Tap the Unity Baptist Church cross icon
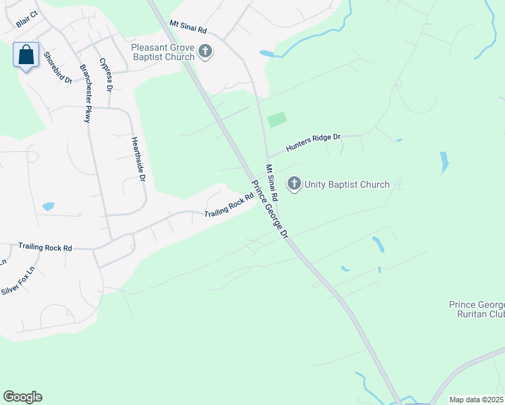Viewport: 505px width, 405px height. [x=294, y=184]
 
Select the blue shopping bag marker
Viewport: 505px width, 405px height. [x=26, y=55]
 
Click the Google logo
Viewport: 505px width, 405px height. [x=22, y=397]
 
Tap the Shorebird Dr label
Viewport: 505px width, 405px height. [x=57, y=67]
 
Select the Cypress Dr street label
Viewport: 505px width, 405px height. [x=106, y=74]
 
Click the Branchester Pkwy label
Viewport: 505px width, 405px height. [x=87, y=93]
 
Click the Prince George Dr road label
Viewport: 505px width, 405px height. [x=270, y=210]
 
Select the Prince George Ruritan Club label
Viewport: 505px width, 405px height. [x=477, y=308]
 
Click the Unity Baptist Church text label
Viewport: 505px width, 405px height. [x=347, y=184]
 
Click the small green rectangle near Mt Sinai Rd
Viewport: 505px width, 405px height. [x=277, y=120]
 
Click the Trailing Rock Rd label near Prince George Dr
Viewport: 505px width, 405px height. [x=229, y=206]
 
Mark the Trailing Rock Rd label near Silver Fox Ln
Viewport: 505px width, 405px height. [x=45, y=248]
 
